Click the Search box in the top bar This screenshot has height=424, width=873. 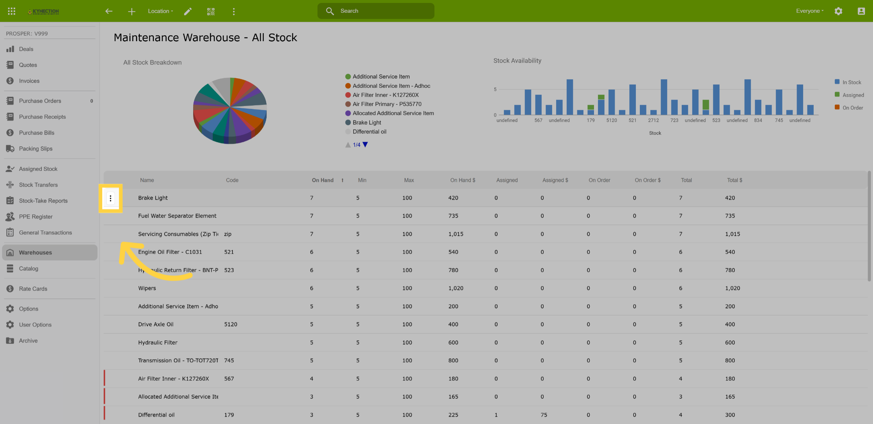pos(376,11)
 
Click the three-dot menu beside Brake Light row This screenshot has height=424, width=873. pos(111,198)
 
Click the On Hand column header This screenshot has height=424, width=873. pos(323,180)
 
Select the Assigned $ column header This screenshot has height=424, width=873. pos(555,180)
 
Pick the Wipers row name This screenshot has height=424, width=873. pos(147,288)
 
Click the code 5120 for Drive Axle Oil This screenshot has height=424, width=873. pos(231,324)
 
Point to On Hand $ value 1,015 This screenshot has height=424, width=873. pos(456,234)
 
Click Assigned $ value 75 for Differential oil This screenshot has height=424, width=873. pos(544,415)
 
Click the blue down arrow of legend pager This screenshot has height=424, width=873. pos(365,145)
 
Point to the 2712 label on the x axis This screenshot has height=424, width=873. pos(653,120)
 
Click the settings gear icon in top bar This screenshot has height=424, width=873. pos(838,11)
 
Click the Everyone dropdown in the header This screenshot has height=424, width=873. pos(810,11)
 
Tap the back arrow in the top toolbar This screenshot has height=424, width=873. pos(109,11)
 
